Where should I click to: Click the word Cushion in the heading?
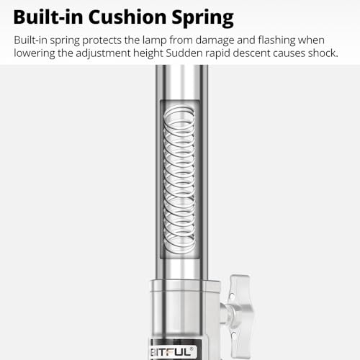[127, 17]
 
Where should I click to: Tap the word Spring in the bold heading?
[202, 19]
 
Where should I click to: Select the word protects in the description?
[102, 40]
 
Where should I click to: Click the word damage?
[215, 40]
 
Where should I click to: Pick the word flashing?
[276, 40]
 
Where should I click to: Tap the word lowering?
[35, 53]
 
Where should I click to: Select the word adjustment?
[103, 53]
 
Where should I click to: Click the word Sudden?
[184, 53]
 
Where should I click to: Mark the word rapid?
[217, 53]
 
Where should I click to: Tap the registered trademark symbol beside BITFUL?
[192, 348]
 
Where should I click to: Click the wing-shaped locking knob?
[237, 316]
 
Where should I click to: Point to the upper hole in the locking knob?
[232, 297]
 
